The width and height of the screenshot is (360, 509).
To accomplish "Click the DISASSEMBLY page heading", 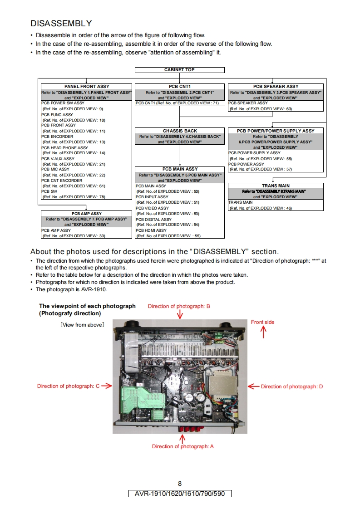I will pos(61,23).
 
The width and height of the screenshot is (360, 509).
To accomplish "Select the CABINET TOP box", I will pos(179,70).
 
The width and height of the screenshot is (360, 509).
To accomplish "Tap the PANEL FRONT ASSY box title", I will pos(87,86).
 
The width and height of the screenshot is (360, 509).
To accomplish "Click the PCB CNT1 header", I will pos(179,86).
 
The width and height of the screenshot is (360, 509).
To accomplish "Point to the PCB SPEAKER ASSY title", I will pos(276,86).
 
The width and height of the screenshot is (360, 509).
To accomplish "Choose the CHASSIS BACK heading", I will pos(180,131).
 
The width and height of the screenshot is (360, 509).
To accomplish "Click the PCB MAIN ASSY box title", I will pos(180,169).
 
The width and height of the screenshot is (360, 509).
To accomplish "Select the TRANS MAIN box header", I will pos(276,186).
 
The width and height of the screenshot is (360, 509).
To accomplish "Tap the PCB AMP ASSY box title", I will pos(87,213).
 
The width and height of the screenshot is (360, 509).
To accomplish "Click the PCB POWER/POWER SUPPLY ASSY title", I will pos(276,131).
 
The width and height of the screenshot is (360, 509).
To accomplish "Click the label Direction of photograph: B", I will pos(179,306).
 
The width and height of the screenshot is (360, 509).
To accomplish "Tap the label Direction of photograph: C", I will pos(68,386).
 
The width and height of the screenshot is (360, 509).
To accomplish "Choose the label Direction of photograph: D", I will pos(291,387).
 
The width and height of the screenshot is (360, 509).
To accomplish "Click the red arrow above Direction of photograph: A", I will pos(182,439).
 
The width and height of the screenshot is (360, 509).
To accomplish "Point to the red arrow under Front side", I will pos(263,332).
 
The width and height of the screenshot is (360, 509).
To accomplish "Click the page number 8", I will pos(180,484).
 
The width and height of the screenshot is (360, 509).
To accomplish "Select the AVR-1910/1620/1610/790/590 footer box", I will pos(180,494).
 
